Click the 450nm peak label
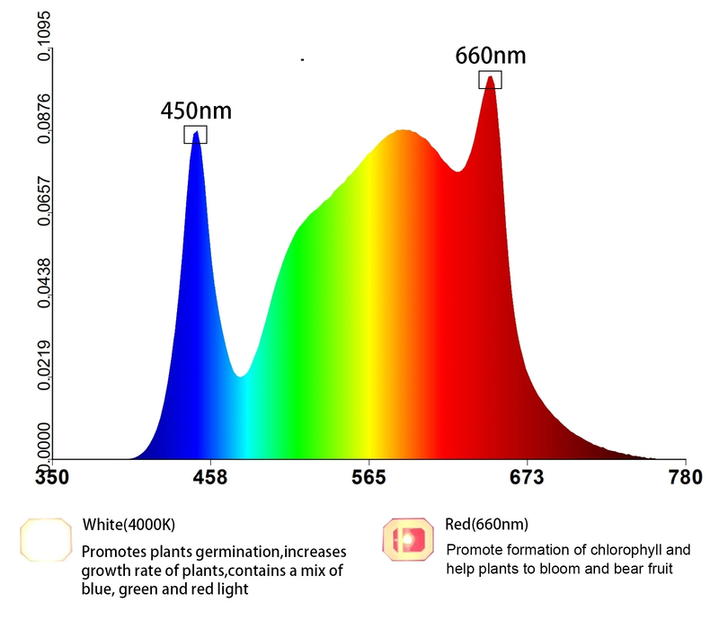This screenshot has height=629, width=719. point(196,111)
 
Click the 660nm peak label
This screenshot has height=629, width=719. point(490,56)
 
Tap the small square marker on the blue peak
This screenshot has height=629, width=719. point(196,135)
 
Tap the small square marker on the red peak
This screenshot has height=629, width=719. point(490,80)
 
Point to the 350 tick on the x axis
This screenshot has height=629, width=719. point(50,476)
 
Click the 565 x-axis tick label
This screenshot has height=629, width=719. point(369,476)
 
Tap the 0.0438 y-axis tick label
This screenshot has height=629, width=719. point(42,287)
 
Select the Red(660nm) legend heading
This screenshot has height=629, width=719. point(486,524)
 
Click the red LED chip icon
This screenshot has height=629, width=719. point(410,538)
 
